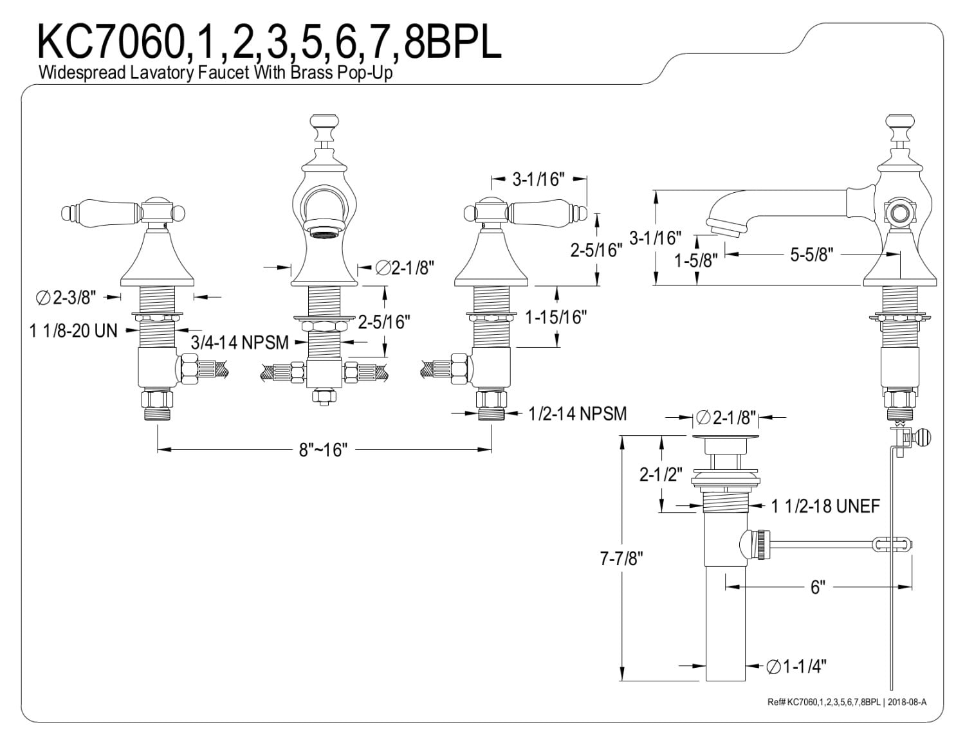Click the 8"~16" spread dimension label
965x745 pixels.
pyautogui.click(x=323, y=450)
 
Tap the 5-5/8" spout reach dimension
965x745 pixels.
pyautogui.click(x=811, y=255)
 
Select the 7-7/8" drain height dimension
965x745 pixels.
pyautogui.click(x=621, y=558)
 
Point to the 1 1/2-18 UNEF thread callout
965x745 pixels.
pyautogui.click(x=825, y=506)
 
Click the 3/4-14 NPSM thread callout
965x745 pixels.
pyautogui.click(x=240, y=342)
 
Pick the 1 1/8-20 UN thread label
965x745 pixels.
pyautogui.click(x=73, y=330)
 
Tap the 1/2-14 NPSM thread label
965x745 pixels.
pyautogui.click(x=577, y=413)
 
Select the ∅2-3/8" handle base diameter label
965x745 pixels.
pyautogui.click(x=66, y=297)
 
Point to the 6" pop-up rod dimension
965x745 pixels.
pyautogui.click(x=818, y=587)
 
